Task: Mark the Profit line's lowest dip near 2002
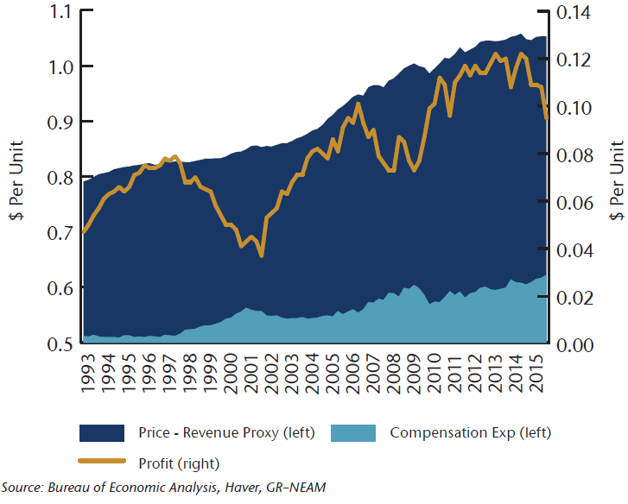(261, 255)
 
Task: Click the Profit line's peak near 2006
(358, 104)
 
